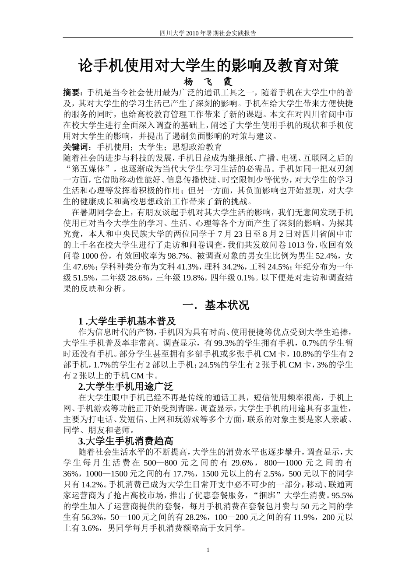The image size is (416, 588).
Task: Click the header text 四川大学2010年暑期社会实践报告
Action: click(x=208, y=33)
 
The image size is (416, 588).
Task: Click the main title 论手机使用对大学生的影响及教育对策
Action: click(x=208, y=66)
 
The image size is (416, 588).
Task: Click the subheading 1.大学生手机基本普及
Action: click(x=127, y=321)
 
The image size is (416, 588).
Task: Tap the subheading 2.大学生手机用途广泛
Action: click(x=126, y=386)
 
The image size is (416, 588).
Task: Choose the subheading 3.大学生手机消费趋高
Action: click(x=126, y=441)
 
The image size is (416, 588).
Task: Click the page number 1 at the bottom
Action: click(x=208, y=550)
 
